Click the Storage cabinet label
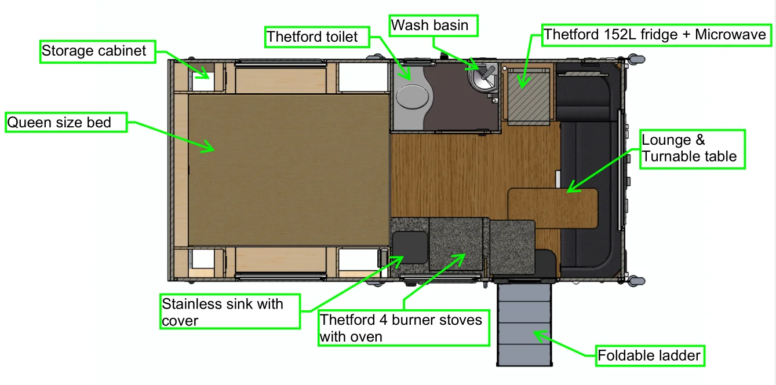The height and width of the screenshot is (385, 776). tap(98, 52)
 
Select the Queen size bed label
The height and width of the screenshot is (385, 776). tap(66, 122)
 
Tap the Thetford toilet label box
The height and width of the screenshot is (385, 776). tap(317, 36)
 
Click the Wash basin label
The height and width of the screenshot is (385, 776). tap(433, 25)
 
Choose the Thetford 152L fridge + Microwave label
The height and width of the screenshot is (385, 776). tap(657, 35)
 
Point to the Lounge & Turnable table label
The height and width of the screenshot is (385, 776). tap(692, 149)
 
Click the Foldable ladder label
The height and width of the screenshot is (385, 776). tap(650, 355)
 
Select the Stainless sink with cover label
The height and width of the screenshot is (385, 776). tap(230, 311)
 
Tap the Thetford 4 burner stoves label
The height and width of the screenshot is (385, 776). tap(403, 328)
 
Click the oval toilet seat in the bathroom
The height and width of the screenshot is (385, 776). tap(412, 97)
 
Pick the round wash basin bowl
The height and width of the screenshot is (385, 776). tap(482, 79)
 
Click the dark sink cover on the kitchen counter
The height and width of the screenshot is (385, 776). tap(410, 248)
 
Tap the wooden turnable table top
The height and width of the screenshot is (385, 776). tap(552, 208)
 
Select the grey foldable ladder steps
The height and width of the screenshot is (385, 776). tap(524, 324)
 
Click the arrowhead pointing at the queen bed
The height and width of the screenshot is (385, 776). tap(209, 147)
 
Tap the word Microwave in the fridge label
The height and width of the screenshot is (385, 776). tap(730, 35)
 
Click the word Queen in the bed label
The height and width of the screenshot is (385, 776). tap(30, 123)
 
